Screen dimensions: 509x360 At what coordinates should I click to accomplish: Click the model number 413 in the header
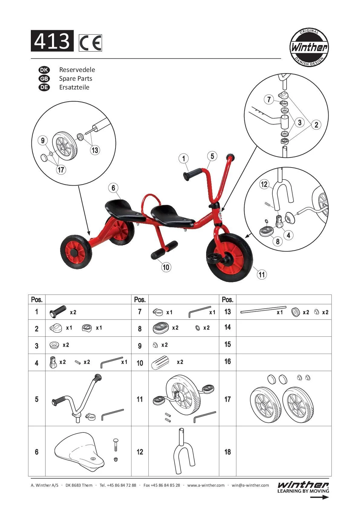[52, 41]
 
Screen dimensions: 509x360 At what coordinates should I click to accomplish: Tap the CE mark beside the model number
[90, 43]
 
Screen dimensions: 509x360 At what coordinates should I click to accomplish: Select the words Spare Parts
[76, 79]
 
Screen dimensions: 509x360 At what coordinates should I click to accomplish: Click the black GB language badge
[44, 79]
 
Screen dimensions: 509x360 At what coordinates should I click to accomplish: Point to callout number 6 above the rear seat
[113, 188]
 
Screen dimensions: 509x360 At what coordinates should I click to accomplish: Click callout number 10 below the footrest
[166, 267]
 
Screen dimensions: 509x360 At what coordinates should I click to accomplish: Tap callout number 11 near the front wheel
[262, 274]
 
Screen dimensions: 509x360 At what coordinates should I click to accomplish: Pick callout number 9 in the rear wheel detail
[43, 140]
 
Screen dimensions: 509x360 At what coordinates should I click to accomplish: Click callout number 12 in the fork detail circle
[264, 184]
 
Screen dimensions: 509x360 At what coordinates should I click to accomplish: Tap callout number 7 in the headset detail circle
[269, 99]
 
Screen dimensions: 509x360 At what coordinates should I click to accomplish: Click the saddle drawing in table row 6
[79, 452]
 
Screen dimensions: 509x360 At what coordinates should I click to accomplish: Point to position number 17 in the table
[228, 399]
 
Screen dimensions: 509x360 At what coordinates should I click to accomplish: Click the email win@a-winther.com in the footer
[250, 485]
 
